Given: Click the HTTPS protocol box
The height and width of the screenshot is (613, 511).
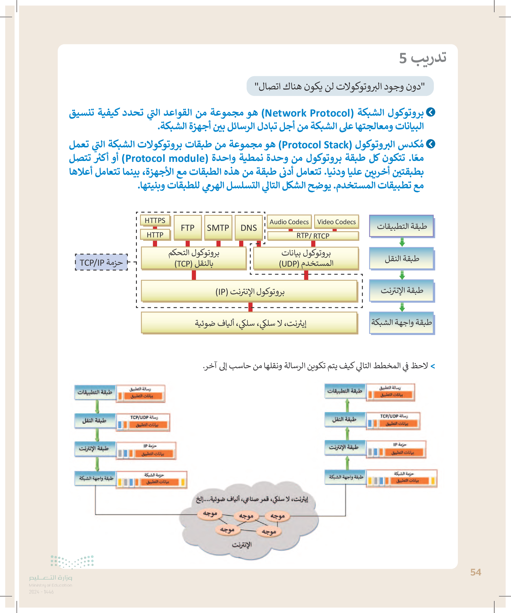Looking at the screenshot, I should (155, 220).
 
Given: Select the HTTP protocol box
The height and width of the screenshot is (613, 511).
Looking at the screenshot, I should (155, 235).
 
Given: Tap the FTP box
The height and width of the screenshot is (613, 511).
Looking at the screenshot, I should (188, 228).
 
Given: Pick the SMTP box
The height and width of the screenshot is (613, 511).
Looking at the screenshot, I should (218, 228).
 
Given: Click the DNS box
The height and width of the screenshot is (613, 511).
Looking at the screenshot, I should (249, 228).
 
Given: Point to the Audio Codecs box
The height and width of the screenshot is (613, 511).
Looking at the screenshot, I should (289, 222).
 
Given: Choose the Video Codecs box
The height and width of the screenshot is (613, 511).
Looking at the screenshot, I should (336, 222).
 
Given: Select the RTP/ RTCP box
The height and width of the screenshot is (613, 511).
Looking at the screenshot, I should (313, 236).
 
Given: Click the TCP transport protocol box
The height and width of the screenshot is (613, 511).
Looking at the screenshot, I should (194, 258).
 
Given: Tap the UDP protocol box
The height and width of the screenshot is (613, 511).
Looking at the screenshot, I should (306, 258).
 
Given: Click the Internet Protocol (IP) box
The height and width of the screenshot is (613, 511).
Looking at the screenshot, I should (249, 291).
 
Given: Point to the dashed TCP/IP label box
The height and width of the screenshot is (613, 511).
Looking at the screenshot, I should (101, 263).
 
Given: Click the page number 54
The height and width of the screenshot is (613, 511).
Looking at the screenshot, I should (476, 572).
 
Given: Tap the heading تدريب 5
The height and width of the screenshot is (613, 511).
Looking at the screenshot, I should (422, 58).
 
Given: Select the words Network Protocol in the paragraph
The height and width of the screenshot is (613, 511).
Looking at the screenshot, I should (307, 113).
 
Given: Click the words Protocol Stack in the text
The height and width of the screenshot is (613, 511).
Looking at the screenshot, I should (315, 145).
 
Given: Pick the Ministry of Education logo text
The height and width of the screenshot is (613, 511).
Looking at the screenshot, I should (51, 578).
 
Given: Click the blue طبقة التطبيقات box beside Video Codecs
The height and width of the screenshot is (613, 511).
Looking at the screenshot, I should (402, 226).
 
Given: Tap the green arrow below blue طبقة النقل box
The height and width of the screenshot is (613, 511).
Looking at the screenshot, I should (402, 275).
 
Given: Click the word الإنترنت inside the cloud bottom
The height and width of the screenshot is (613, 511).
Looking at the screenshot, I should (242, 544).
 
